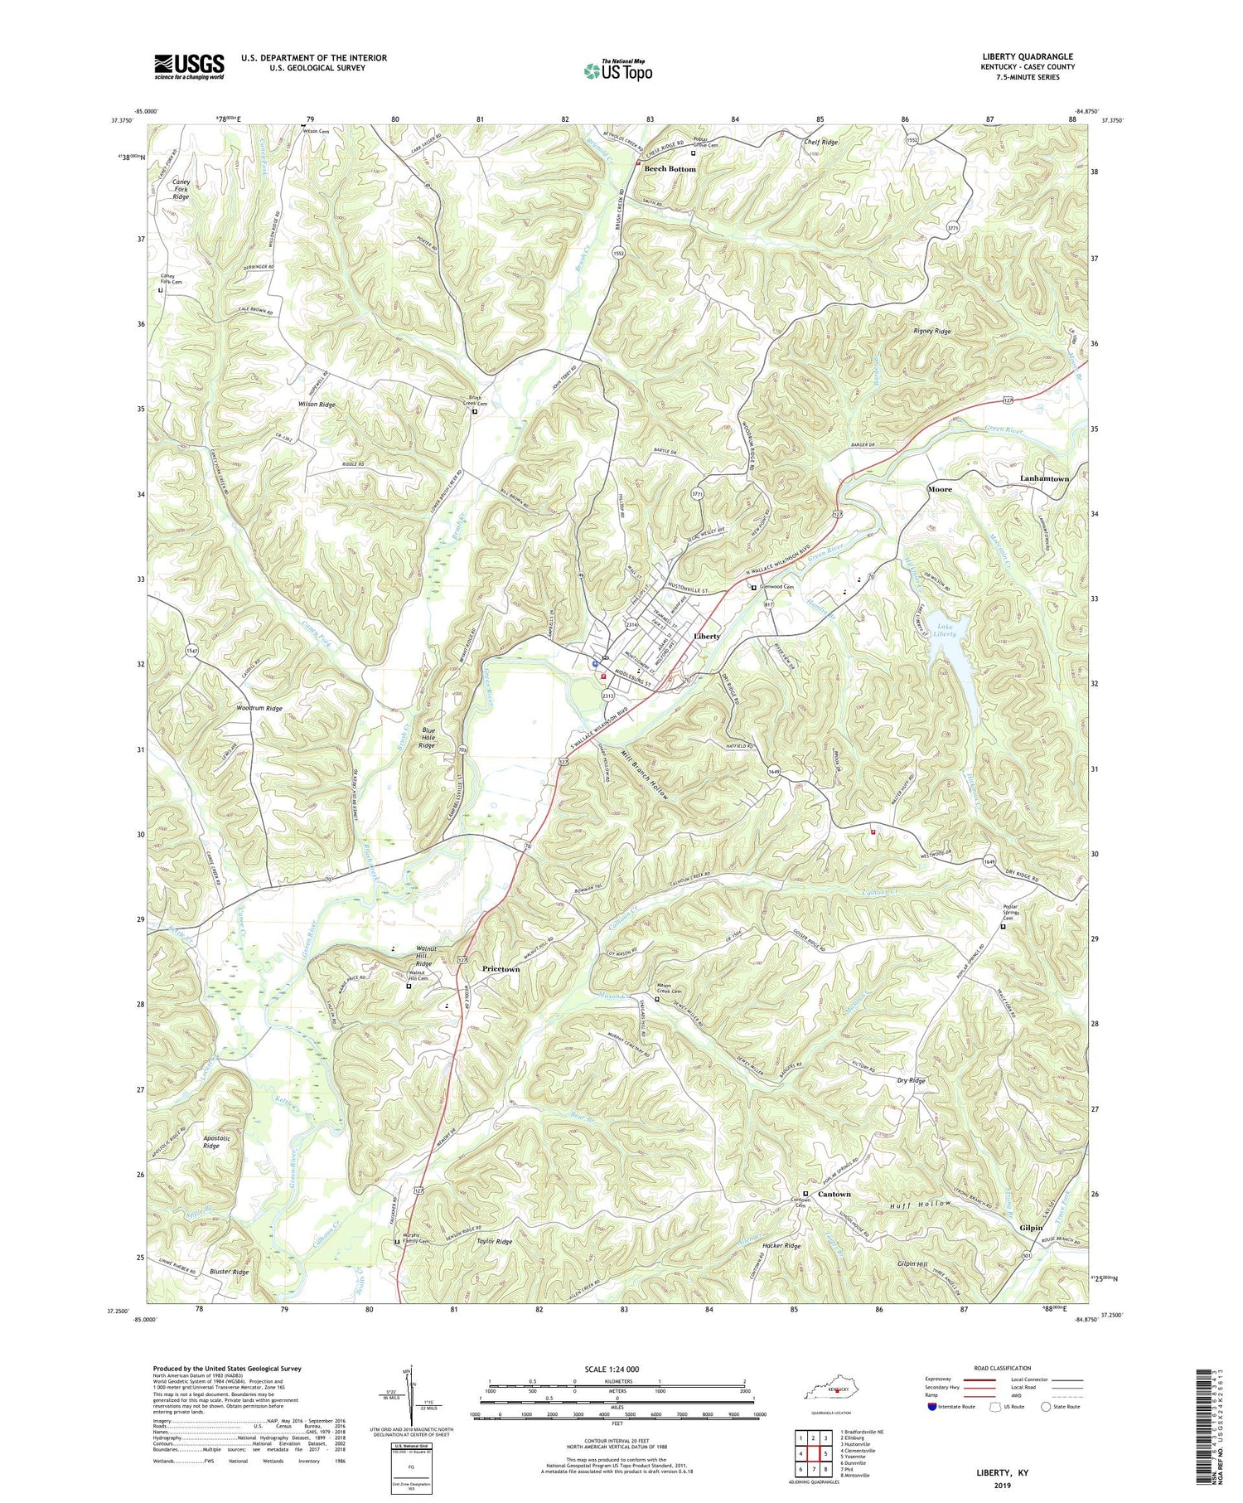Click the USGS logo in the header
pyautogui.click(x=189, y=66)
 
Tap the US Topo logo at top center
pyautogui.click(x=618, y=71)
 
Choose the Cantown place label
pyautogui.click(x=834, y=1194)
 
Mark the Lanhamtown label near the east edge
pyautogui.click(x=1044, y=478)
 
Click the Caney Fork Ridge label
pyautogui.click(x=181, y=189)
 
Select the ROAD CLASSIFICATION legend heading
pyautogui.click(x=1002, y=1368)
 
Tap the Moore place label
pyautogui.click(x=939, y=489)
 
